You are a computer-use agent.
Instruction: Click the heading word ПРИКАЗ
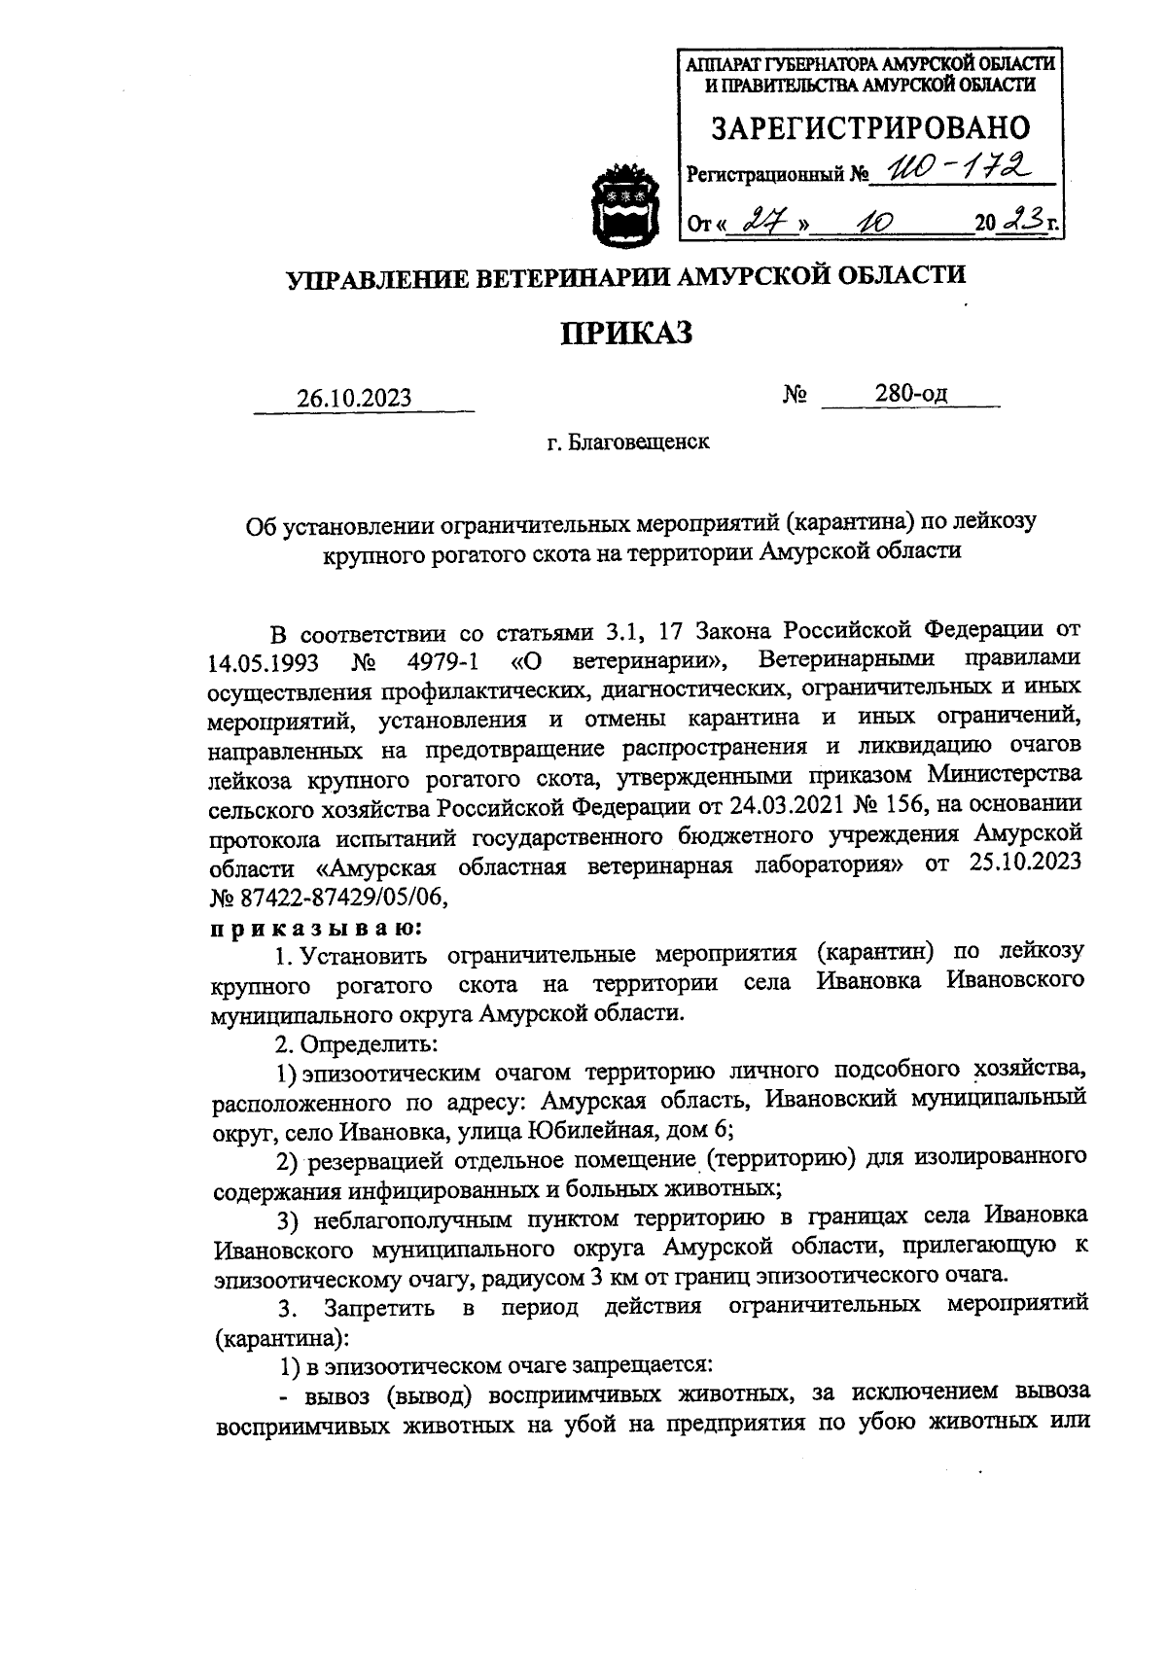tap(627, 334)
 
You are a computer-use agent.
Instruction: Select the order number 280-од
tap(910, 394)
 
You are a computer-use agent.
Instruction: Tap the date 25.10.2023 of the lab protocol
tap(1025, 865)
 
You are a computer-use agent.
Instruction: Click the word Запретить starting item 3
tap(380, 1307)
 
